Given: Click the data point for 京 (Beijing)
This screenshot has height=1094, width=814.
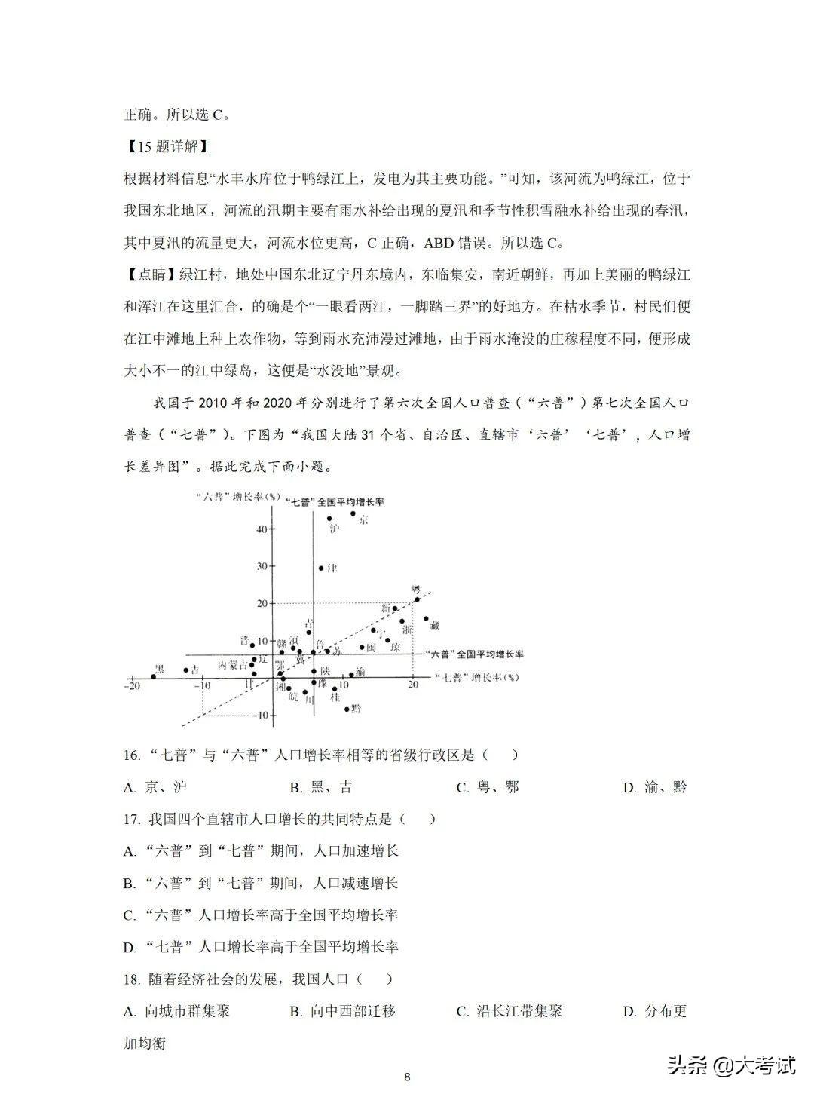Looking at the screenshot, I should click(x=353, y=513).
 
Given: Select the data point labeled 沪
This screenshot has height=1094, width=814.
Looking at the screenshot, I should click(x=329, y=519).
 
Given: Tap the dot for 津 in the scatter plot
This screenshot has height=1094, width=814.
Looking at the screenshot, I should click(x=321, y=568).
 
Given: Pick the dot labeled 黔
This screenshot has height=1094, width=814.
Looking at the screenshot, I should click(x=347, y=709).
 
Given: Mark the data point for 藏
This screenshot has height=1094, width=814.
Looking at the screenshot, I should click(x=426, y=619).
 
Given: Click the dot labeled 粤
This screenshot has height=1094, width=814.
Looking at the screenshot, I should click(x=417, y=599).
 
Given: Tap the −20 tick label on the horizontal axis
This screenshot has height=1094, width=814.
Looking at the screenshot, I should click(x=133, y=685).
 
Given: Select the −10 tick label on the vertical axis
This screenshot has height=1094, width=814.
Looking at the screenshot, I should click(x=259, y=715).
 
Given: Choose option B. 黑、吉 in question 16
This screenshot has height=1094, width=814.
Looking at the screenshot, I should click(x=321, y=788).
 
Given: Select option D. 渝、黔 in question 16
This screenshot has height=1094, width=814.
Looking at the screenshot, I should click(x=654, y=788).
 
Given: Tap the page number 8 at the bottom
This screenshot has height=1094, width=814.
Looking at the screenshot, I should click(x=407, y=1077).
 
